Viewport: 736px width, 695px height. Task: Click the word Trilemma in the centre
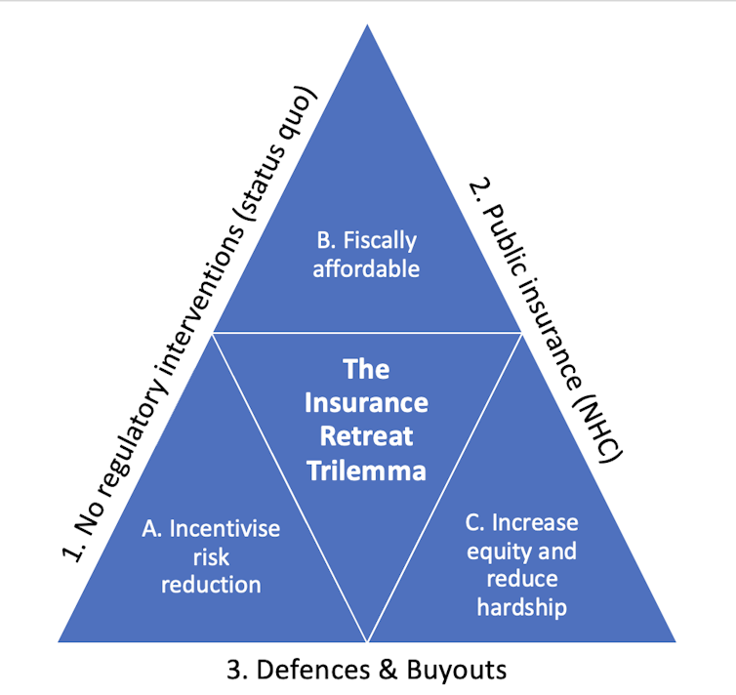point(366,470)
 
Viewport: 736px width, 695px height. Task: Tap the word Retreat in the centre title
point(366,435)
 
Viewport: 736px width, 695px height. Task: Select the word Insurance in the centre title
point(366,402)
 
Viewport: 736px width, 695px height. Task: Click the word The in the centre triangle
point(366,369)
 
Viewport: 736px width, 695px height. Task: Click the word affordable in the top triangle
point(366,267)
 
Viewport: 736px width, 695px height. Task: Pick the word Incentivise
point(225,528)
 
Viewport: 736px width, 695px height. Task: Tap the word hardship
point(520,607)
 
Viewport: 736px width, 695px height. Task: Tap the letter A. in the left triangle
point(152,528)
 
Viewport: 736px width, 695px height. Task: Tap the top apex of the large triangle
point(367,26)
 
